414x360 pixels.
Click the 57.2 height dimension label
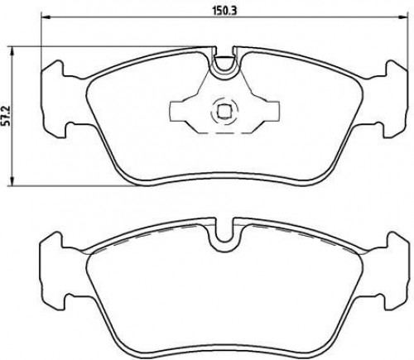tap(7, 116)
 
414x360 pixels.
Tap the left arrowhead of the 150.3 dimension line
tap(46, 18)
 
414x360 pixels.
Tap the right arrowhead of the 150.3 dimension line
tap(403, 18)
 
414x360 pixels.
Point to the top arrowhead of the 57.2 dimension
tap(12, 51)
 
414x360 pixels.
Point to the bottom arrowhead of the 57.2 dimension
tap(12, 181)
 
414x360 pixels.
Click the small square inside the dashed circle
tap(223, 112)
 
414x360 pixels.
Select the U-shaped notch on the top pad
tap(224, 64)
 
